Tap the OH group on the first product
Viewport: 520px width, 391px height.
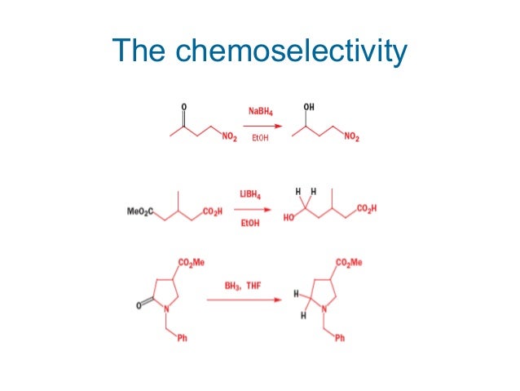[309, 106]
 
